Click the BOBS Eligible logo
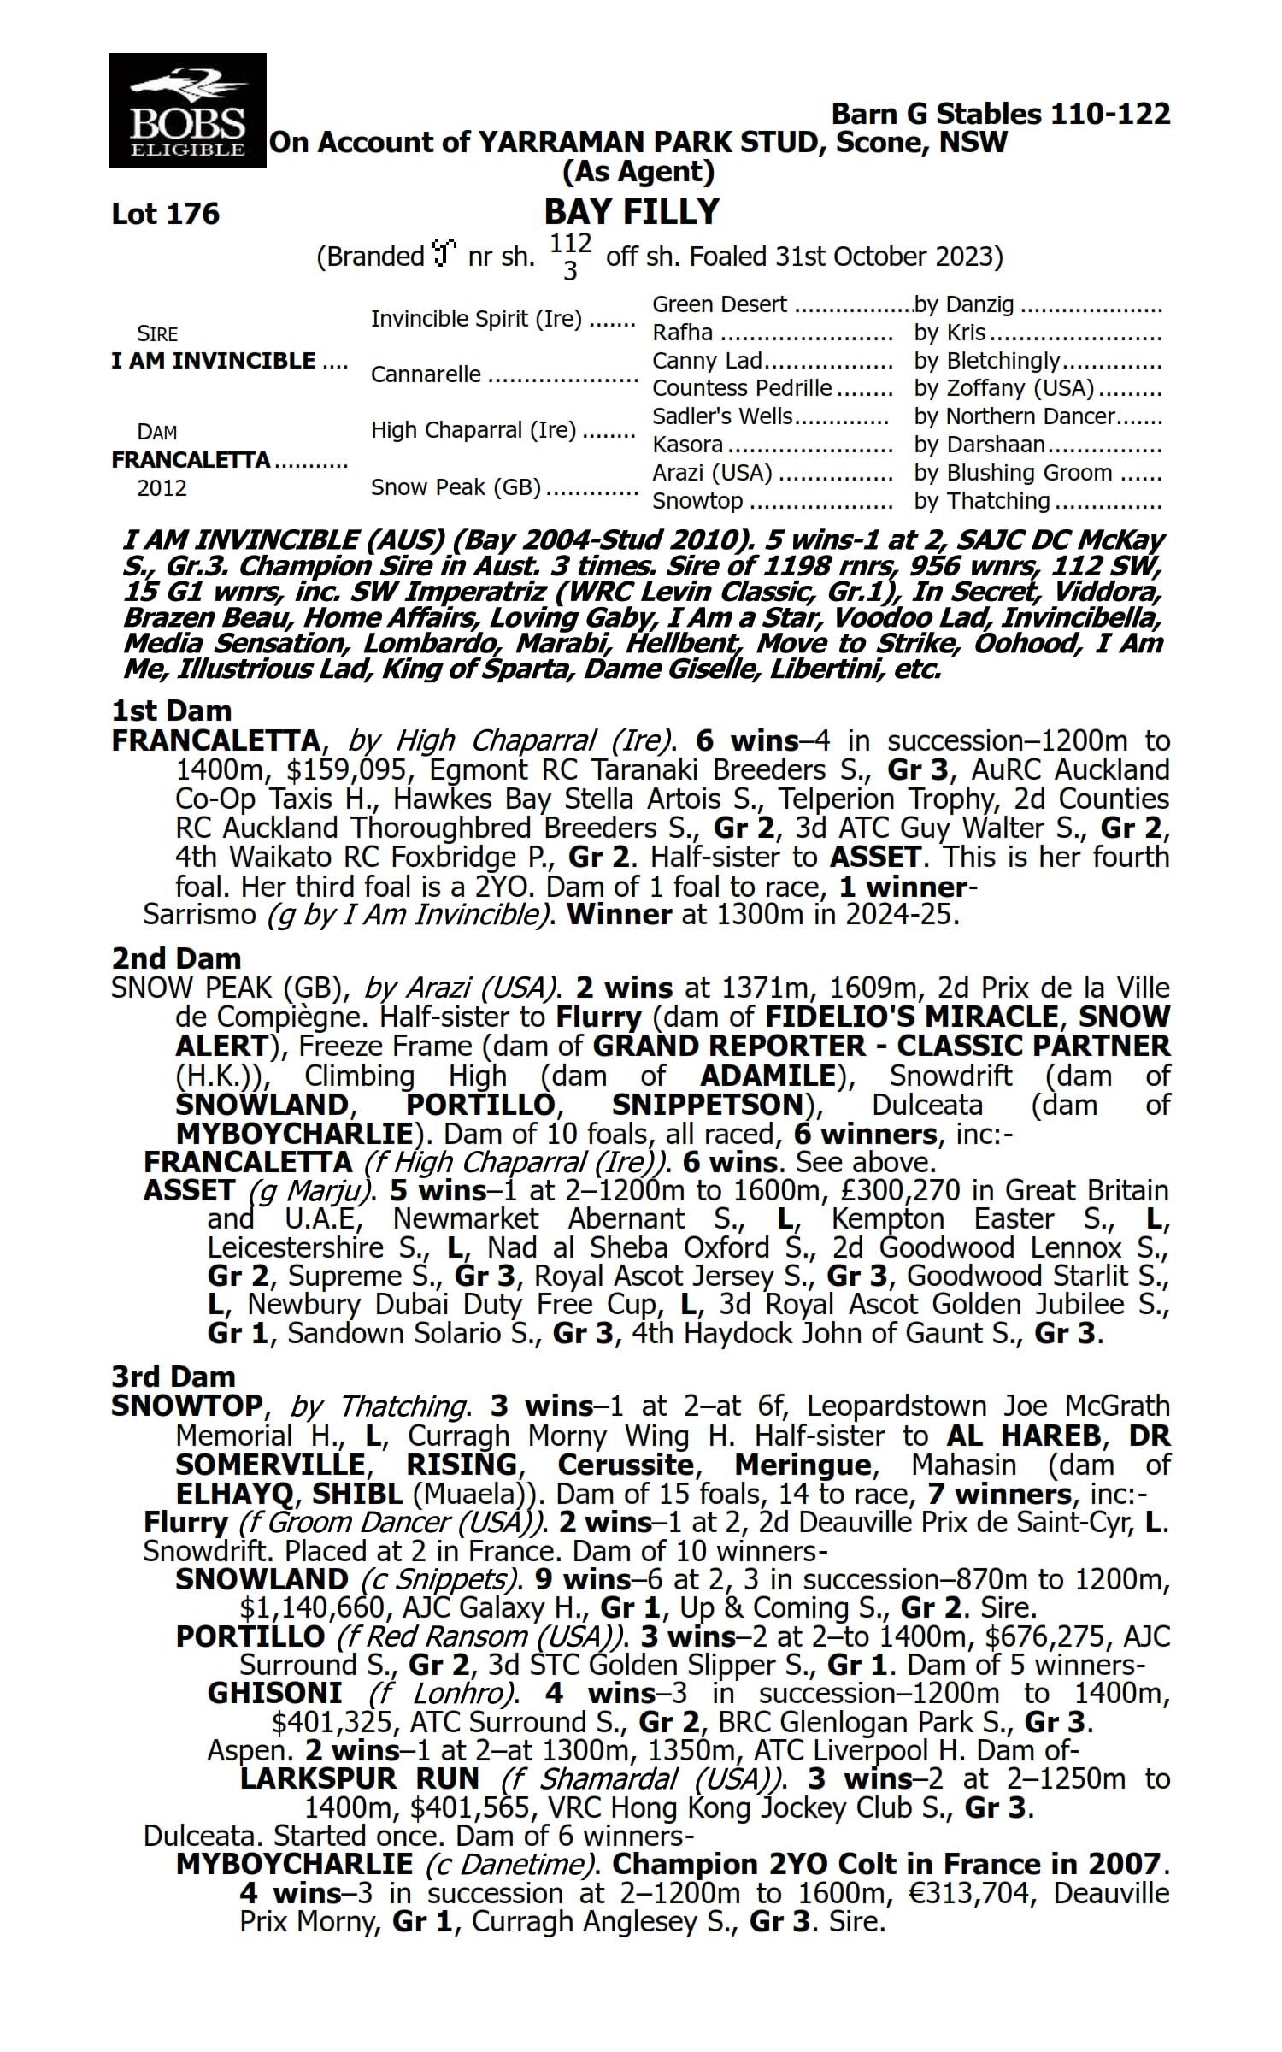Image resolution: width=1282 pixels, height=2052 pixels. (x=188, y=110)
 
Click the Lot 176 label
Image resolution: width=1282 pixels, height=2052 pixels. (x=166, y=214)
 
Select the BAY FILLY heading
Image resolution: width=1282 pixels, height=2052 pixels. (x=632, y=211)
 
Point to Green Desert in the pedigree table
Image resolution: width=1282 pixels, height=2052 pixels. (x=720, y=305)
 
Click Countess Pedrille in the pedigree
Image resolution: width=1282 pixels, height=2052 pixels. (x=742, y=388)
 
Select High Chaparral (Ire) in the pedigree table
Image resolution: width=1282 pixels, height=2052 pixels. (x=473, y=430)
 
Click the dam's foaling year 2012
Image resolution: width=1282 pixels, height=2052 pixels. (x=162, y=488)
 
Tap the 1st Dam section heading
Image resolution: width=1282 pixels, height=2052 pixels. (x=172, y=711)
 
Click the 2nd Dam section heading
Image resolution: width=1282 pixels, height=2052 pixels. (x=176, y=958)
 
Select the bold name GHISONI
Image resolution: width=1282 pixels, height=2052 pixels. (x=274, y=1693)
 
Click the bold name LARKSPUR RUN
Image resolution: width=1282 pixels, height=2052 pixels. (x=360, y=1779)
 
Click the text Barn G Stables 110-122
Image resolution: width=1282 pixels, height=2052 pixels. (x=1001, y=114)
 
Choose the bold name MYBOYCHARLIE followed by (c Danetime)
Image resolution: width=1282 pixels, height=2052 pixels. (x=294, y=1864)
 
